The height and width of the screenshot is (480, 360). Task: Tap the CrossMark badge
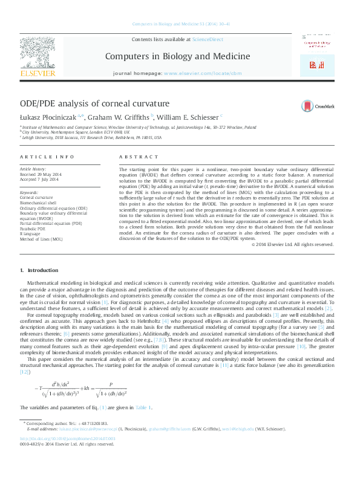[318, 106]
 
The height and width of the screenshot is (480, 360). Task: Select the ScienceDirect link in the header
[208, 39]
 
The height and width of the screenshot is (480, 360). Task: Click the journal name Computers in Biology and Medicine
[177, 56]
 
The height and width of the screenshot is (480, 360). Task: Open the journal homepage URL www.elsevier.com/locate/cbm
[197, 73]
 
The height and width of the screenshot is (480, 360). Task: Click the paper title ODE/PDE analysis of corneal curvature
[95, 103]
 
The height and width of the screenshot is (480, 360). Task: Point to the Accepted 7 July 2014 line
[40, 180]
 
